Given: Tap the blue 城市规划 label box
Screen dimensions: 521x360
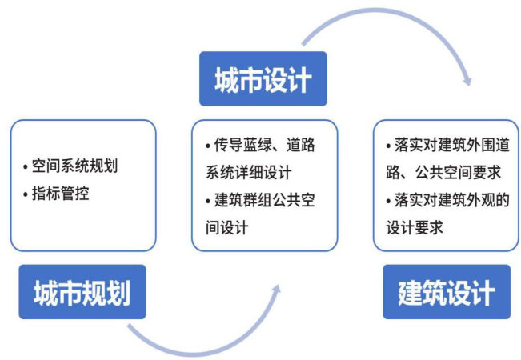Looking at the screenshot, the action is (82, 292).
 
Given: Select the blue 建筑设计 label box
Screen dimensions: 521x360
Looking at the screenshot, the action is (446, 292).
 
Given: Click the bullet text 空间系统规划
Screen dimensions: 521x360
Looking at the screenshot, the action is (79, 167).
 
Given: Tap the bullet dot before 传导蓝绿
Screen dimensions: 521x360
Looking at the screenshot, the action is (206, 146).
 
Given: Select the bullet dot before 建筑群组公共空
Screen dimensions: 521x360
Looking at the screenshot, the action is (206, 200).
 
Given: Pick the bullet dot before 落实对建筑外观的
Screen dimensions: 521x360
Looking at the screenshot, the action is (389, 200).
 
